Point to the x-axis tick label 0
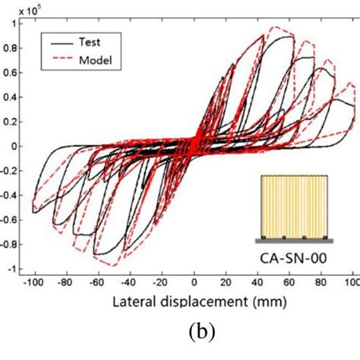coord(195,282)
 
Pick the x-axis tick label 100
coord(350,282)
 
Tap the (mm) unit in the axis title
coord(271,302)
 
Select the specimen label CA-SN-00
coord(295,257)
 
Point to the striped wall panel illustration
coord(294,204)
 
